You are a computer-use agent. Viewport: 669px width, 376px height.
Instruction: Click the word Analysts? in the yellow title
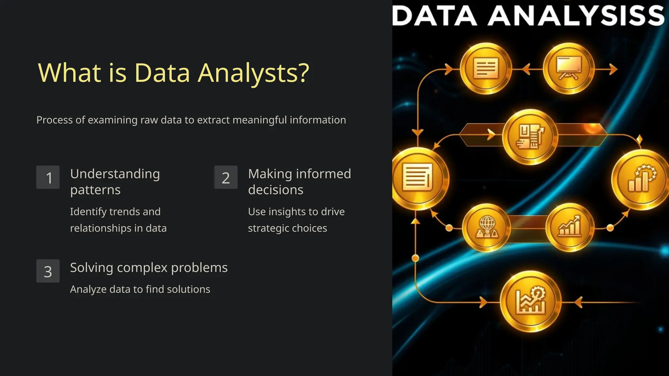(x=253, y=73)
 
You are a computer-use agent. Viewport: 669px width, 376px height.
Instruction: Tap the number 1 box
(x=48, y=177)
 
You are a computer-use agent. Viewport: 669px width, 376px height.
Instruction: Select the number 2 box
(x=226, y=177)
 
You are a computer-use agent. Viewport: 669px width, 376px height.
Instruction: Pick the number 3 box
(x=48, y=271)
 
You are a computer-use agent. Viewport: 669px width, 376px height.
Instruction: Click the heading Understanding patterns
(x=115, y=181)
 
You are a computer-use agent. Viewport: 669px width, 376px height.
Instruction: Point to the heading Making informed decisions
(x=299, y=181)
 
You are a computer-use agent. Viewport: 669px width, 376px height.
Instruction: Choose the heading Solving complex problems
(x=149, y=268)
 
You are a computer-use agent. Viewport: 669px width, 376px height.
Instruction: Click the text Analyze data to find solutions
(x=140, y=289)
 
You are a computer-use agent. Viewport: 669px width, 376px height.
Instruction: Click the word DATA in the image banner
(x=434, y=16)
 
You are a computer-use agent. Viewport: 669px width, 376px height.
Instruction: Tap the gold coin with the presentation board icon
(x=569, y=69)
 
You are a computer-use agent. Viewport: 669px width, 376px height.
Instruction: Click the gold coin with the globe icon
(x=487, y=227)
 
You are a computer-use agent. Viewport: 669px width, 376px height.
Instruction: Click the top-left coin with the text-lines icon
(x=486, y=69)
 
